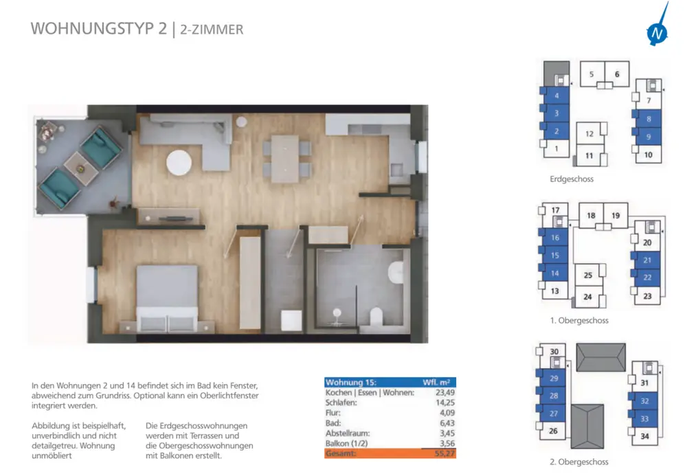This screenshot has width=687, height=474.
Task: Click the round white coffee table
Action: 179,163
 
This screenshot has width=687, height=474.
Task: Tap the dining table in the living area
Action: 285,159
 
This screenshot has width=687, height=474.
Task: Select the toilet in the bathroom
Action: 376,316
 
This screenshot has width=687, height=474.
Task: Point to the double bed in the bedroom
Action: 167,297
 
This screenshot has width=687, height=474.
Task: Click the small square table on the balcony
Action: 81,168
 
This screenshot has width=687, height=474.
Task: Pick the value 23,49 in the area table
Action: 444,392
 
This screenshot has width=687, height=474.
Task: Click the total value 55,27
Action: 444,453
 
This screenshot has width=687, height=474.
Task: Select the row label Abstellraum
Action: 348,433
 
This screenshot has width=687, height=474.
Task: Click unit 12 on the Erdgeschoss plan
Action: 589,134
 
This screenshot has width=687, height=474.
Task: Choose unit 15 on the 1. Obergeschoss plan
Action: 554,256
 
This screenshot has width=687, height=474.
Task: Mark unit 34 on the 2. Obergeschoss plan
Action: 644,436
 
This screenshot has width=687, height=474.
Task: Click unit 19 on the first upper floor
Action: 616,216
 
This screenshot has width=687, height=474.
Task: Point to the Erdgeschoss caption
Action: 572,179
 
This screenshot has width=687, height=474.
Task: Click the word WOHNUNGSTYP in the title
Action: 93,28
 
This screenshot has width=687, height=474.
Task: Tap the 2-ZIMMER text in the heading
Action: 212,30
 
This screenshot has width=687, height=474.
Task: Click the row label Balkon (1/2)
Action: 346,443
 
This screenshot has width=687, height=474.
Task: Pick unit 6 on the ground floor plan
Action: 617,74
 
